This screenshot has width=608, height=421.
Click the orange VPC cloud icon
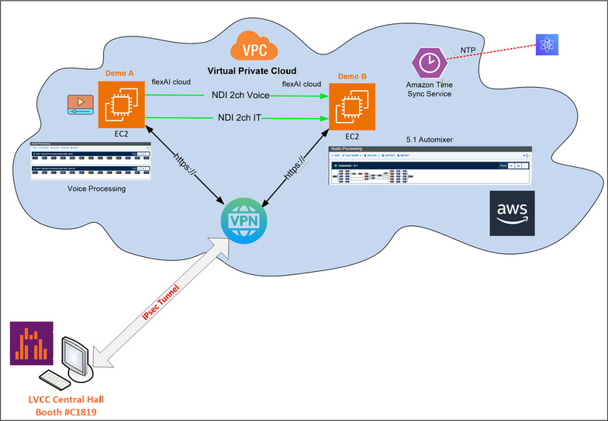pos(252,50)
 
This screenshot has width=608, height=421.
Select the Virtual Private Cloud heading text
pos(252,71)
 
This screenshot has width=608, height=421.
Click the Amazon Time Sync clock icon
pos(427,62)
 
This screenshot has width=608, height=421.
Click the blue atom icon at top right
pos(547,44)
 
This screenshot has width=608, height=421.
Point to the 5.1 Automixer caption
pos(430,139)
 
